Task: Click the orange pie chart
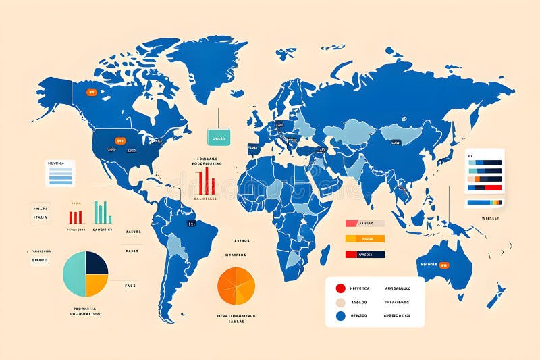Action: [x=236, y=286]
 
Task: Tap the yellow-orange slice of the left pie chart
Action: [x=97, y=284]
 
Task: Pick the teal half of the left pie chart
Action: [x=74, y=274]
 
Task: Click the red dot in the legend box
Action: [x=340, y=287]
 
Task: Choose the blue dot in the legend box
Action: [x=340, y=315]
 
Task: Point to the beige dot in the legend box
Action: [x=340, y=302]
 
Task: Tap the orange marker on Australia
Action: [x=443, y=265]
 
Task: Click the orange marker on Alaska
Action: [x=90, y=92]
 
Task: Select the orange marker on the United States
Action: [x=120, y=140]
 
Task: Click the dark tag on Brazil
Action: [x=191, y=222]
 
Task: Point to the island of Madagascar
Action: [x=325, y=254]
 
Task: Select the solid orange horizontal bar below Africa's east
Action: [x=364, y=238]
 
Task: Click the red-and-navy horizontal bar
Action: [x=364, y=254]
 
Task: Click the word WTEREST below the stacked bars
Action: [x=490, y=217]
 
